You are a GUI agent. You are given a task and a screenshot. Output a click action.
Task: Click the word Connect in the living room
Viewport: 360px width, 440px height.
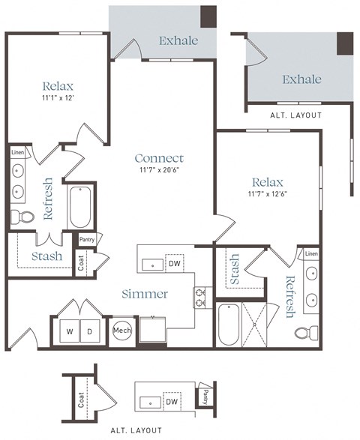pyautogui.click(x=159, y=158)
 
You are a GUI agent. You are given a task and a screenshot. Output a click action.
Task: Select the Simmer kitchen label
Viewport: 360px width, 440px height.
pyautogui.click(x=145, y=294)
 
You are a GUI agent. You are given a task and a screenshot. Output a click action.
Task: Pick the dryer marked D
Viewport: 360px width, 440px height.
pyautogui.click(x=89, y=331)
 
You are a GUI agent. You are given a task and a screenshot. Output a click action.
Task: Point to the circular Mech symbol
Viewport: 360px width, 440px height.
pyautogui.click(x=121, y=330)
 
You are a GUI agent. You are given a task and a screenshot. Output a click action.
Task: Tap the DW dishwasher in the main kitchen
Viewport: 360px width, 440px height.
pyautogui.click(x=174, y=264)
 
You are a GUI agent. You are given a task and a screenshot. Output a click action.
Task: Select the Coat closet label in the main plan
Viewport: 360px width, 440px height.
pyautogui.click(x=82, y=263)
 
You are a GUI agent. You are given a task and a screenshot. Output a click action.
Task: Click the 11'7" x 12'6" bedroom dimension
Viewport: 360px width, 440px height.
pyautogui.click(x=268, y=194)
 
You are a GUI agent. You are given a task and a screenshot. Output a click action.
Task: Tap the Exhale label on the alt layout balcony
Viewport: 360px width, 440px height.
pyautogui.click(x=301, y=79)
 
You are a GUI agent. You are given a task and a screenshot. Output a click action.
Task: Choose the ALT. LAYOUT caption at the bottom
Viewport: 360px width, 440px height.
pyautogui.click(x=136, y=430)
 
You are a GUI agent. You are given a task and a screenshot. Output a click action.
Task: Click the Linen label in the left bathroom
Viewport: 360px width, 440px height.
pyautogui.click(x=18, y=152)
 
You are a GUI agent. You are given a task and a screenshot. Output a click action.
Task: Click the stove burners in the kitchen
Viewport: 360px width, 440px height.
pyautogui.click(x=201, y=298)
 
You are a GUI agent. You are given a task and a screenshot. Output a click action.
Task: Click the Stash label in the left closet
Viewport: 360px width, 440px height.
pyautogui.click(x=46, y=257)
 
